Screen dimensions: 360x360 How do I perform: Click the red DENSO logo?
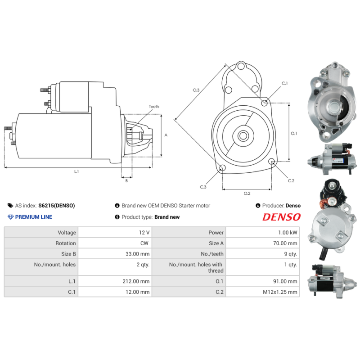(x=281, y=217)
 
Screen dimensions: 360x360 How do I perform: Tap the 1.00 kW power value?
(x=288, y=233)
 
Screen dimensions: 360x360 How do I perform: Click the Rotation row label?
(x=65, y=243)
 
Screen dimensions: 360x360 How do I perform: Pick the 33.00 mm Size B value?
(x=137, y=254)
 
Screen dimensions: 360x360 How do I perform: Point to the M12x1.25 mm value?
(x=280, y=292)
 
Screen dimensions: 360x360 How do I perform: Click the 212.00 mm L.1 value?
(x=136, y=281)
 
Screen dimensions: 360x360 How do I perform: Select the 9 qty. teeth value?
(x=290, y=254)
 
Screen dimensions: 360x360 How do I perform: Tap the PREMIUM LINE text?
(x=33, y=217)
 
